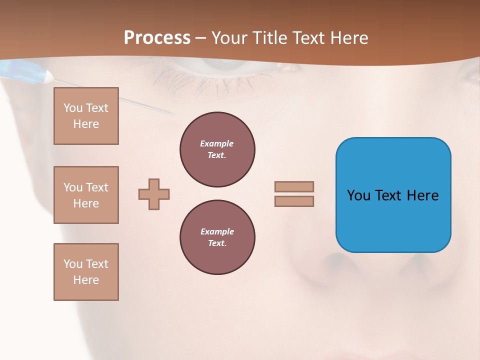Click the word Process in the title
coord(157,38)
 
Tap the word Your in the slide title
coord(229,38)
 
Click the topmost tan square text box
coord(86,116)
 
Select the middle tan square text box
coord(86,195)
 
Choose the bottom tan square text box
coord(86,272)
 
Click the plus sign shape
coord(154,194)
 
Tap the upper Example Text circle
coord(217,149)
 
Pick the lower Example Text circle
coord(217,237)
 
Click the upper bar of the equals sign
coord(294,186)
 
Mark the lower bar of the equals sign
coord(294,201)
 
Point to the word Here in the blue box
coord(422,195)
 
